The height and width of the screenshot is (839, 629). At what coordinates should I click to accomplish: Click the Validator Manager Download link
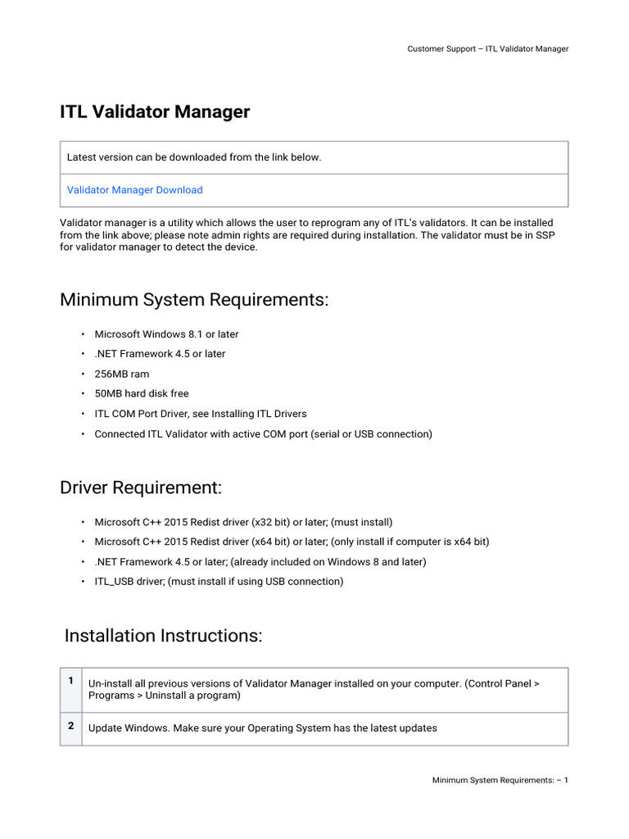tap(134, 190)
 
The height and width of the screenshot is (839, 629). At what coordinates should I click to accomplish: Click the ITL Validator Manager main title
tap(155, 112)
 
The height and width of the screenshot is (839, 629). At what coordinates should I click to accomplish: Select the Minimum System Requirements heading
tap(194, 300)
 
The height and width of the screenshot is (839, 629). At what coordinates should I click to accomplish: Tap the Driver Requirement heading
tap(141, 488)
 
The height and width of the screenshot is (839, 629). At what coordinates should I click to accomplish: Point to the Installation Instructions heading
tap(163, 636)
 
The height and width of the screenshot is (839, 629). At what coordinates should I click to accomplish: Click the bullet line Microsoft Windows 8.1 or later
tap(166, 334)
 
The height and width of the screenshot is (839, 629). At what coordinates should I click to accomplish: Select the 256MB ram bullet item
tap(122, 374)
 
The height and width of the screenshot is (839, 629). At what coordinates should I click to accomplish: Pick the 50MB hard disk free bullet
tap(142, 393)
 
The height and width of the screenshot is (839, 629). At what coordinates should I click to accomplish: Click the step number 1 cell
tap(71, 681)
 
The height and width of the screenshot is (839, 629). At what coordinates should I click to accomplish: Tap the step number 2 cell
tap(71, 726)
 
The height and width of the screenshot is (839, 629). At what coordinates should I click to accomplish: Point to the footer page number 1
tap(565, 780)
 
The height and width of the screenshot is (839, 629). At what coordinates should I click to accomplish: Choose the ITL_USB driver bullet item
tap(219, 582)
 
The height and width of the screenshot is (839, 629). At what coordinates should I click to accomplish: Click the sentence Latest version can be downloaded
tap(194, 157)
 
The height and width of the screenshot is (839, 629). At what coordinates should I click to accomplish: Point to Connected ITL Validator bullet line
tap(263, 433)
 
